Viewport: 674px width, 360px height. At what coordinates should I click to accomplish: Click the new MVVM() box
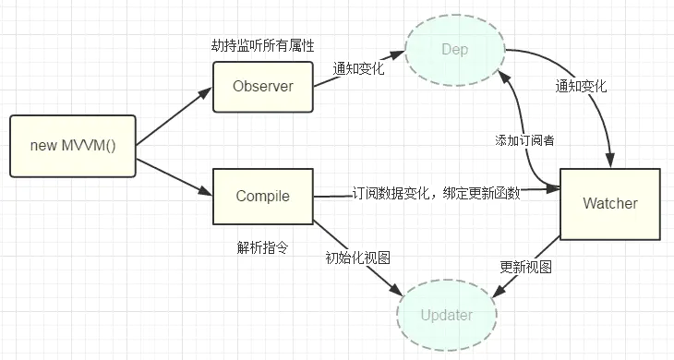click(73, 146)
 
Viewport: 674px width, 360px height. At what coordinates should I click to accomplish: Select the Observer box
click(263, 87)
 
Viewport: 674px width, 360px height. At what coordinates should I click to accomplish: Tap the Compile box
click(263, 196)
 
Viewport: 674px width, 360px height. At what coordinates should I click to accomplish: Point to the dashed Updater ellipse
click(446, 315)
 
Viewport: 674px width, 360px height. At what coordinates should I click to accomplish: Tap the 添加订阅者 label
click(524, 140)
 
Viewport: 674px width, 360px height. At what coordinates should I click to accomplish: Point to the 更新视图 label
click(525, 267)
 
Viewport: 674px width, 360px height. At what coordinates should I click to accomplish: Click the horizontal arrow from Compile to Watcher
click(434, 195)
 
